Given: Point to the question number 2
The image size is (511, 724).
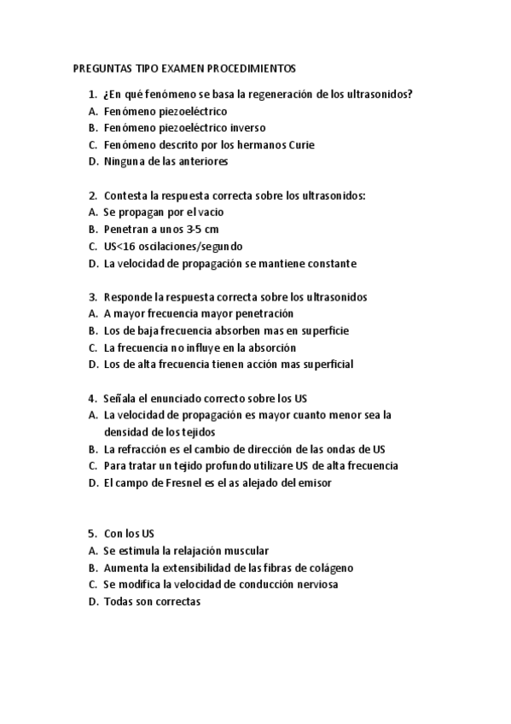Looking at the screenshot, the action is point(91,196).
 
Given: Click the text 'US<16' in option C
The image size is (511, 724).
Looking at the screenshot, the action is point(119,246).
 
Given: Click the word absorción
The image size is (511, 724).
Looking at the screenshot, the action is point(269,347).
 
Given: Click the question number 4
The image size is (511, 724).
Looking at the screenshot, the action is point(91,398).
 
